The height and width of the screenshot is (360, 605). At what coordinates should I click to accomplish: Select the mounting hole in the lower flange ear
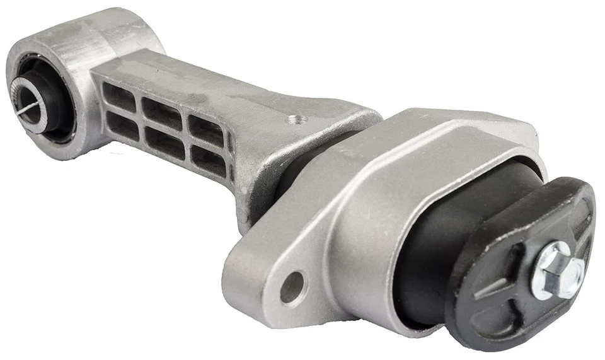point(293,287)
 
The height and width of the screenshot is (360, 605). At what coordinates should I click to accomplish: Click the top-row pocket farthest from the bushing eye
point(205,128)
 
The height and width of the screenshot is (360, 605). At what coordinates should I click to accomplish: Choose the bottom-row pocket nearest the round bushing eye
point(122,125)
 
